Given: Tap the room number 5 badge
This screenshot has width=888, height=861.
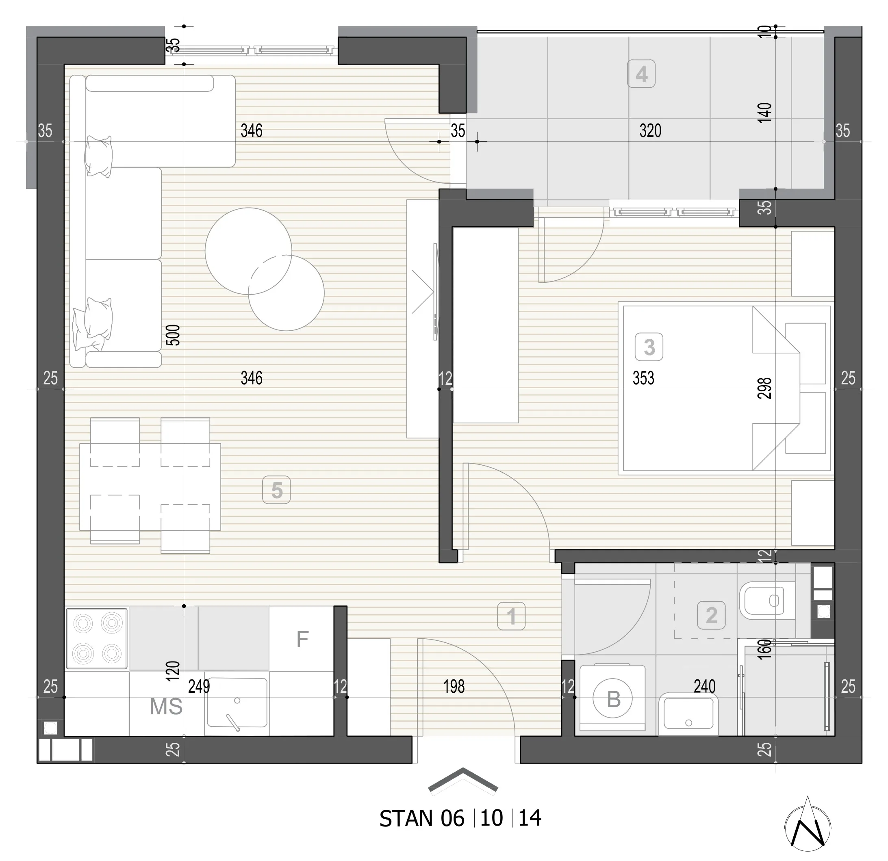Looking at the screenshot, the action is pyautogui.click(x=276, y=490).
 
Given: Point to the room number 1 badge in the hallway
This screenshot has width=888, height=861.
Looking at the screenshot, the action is pyautogui.click(x=511, y=616).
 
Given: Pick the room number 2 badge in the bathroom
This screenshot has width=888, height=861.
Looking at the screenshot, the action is pyautogui.click(x=711, y=615).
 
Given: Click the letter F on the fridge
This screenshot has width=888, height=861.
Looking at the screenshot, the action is pyautogui.click(x=302, y=640).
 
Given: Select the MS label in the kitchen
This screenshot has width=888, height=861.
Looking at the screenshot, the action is pyautogui.click(x=166, y=707).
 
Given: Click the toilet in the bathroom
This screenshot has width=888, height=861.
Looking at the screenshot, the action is pyautogui.click(x=767, y=601).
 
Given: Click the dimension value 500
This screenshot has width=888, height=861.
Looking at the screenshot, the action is pyautogui.click(x=173, y=335).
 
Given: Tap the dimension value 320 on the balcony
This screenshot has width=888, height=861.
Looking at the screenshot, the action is pyautogui.click(x=650, y=131).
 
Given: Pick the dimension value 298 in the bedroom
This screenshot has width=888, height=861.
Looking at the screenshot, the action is pyautogui.click(x=764, y=388).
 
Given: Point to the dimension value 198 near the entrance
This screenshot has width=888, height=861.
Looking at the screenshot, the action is pyautogui.click(x=454, y=687).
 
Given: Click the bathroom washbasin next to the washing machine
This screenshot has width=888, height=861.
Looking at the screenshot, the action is pyautogui.click(x=688, y=714).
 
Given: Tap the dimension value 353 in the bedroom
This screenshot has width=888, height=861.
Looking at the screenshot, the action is pyautogui.click(x=643, y=378).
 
